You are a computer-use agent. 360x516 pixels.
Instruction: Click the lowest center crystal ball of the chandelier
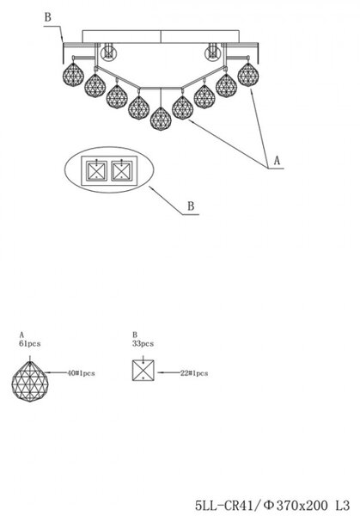coord(161,119)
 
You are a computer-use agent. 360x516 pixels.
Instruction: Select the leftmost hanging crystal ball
coord(73,74)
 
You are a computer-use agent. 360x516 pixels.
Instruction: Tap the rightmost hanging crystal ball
coord(248,74)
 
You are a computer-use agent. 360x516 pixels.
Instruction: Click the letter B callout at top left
coord(48,17)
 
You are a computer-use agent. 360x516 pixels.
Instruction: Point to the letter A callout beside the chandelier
coord(278,161)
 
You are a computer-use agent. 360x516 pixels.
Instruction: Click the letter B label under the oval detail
coord(191,206)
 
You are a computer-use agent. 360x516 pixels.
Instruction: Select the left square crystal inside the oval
coord(96,171)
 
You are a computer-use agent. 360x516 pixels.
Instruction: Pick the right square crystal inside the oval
coord(122,171)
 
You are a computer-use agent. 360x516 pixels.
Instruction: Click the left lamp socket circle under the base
coord(108,53)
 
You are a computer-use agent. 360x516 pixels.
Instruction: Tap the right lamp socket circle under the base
coord(212,53)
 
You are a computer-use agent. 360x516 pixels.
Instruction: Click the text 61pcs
coord(30,344)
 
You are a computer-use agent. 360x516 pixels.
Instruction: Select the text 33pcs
coord(143,344)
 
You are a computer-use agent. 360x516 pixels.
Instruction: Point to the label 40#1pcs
coord(81,373)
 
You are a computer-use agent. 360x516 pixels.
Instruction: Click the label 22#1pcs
coord(194,373)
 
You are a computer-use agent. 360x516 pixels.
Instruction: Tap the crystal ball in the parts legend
coord(30,382)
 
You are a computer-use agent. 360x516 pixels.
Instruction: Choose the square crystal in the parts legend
coord(143,371)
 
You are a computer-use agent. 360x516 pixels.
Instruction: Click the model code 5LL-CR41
coord(224,505)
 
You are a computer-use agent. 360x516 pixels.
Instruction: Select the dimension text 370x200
coord(302,505)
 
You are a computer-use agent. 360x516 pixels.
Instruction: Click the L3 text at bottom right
coord(342,505)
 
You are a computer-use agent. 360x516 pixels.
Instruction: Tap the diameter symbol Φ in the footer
coord(269,505)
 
